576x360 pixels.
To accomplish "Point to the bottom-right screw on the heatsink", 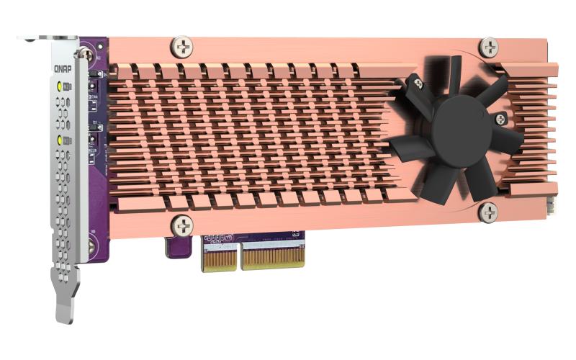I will click(x=489, y=212).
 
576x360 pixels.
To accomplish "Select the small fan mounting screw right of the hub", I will click(x=499, y=118).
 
